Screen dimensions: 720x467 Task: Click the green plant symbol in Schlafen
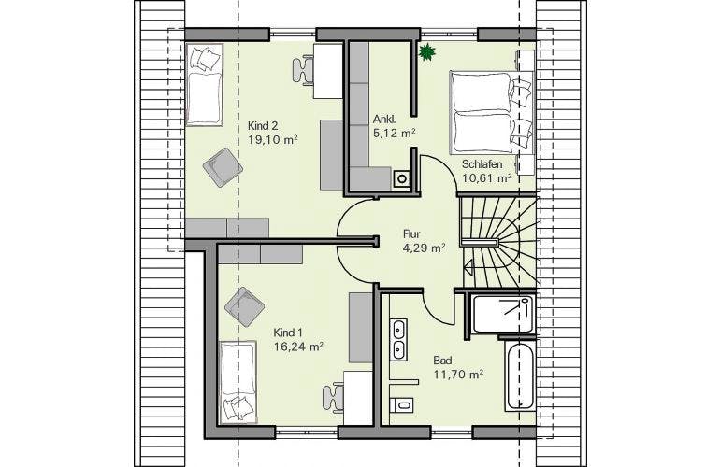[426, 51]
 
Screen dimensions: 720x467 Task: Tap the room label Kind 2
[263, 126]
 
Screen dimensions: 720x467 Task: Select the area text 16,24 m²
[298, 347]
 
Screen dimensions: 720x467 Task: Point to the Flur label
[411, 233]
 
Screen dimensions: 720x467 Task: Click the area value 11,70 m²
[458, 375]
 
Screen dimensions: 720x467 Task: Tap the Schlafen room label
[482, 163]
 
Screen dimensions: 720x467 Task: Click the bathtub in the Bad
[521, 375]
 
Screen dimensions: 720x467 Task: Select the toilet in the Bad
[401, 404]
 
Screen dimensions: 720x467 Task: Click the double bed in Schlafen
[491, 112]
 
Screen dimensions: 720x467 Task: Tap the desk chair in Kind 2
[303, 70]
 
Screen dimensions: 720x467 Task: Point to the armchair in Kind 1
[244, 307]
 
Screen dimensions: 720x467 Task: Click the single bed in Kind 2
[205, 84]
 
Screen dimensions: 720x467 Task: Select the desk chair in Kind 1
[333, 398]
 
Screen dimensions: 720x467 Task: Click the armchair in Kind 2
[223, 167]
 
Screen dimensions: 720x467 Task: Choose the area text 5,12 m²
[393, 133]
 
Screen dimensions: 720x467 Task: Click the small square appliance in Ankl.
[403, 178]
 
